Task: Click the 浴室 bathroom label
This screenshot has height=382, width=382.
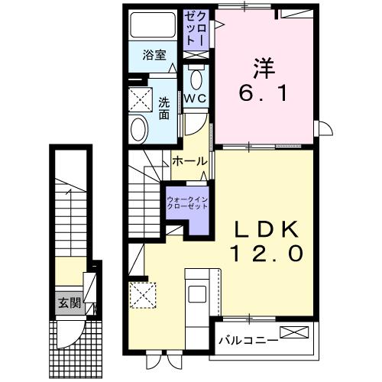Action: pyautogui.click(x=155, y=54)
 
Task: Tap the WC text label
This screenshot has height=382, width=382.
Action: pyautogui.click(x=195, y=98)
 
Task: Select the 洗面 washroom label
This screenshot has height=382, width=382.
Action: pyautogui.click(x=164, y=108)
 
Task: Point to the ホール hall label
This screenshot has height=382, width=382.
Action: pyautogui.click(x=189, y=161)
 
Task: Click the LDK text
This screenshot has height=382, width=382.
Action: pyautogui.click(x=264, y=228)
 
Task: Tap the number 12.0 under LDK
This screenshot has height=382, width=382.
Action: pyautogui.click(x=264, y=254)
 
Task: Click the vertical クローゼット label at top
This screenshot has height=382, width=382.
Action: pyautogui.click(x=194, y=28)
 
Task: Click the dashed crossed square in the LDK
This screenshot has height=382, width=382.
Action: pyautogui.click(x=141, y=294)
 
